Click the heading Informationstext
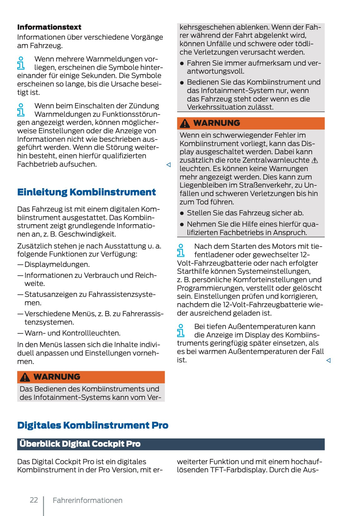click(49, 27)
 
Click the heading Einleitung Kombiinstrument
click(86, 192)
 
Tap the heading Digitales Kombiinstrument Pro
click(92, 425)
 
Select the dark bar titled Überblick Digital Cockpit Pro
click(171, 444)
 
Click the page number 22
click(34, 500)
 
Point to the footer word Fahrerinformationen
click(87, 500)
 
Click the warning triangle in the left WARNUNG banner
click(25, 377)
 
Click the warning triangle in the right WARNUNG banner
click(185, 124)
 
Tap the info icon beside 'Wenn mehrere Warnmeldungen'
click(21, 63)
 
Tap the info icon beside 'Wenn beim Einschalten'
click(21, 110)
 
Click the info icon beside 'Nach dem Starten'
click(181, 251)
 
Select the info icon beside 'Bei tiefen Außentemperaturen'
click(181, 331)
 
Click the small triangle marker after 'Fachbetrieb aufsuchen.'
click(168, 165)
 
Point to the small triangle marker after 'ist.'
click(328, 361)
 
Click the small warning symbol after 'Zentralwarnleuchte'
click(315, 160)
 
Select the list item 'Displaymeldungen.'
click(57, 264)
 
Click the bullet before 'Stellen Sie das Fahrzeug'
click(182, 214)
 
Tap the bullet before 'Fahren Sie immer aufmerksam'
click(182, 63)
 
